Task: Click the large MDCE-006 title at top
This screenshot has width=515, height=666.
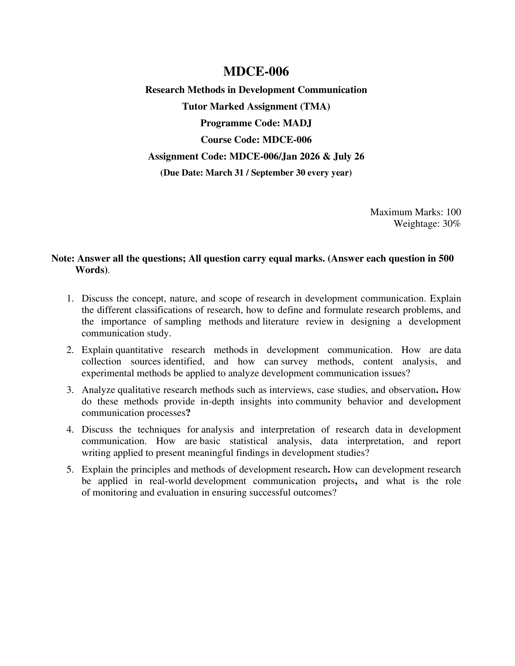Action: pyautogui.click(x=256, y=72)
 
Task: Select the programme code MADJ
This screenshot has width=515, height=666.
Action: pyautogui.click(x=297, y=123)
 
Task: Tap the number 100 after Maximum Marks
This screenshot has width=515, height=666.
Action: pyautogui.click(x=453, y=212)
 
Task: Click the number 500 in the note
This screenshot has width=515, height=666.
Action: pyautogui.click(x=446, y=259)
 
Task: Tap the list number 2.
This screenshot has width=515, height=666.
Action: pyautogui.click(x=70, y=350)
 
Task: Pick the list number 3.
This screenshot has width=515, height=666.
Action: pyautogui.click(x=70, y=390)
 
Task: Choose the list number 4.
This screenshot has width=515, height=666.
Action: pyautogui.click(x=70, y=430)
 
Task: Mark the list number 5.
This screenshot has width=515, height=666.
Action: pyautogui.click(x=70, y=469)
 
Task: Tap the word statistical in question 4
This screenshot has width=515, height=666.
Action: pyautogui.click(x=248, y=441)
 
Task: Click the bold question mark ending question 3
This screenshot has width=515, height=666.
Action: pyautogui.click(x=188, y=413)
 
